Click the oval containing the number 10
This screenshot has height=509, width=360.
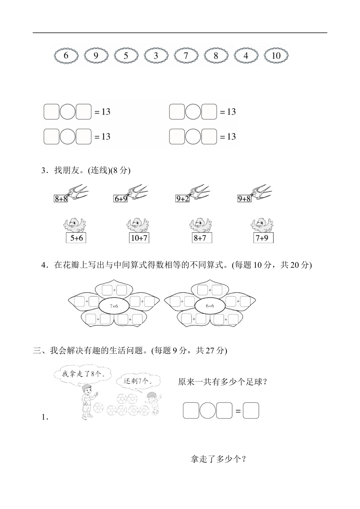[x=276, y=56]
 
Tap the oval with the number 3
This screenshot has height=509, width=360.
[x=156, y=56]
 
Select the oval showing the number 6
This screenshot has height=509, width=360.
[x=66, y=56]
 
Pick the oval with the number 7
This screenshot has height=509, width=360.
[x=186, y=56]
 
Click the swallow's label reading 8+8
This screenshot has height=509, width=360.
[x=61, y=198]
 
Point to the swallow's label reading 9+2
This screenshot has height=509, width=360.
[x=182, y=198]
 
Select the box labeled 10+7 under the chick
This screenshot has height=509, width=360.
[x=139, y=238]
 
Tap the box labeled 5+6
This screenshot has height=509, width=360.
[x=76, y=238]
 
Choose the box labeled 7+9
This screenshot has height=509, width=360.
[x=263, y=238]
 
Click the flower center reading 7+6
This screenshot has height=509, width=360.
[x=114, y=306]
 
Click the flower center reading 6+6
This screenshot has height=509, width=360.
[x=210, y=306]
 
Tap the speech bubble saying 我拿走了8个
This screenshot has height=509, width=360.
[x=83, y=374]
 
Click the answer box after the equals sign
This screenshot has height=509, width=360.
[x=251, y=411]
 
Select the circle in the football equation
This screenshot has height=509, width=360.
[x=207, y=411]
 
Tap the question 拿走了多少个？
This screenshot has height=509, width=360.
[x=219, y=459]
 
